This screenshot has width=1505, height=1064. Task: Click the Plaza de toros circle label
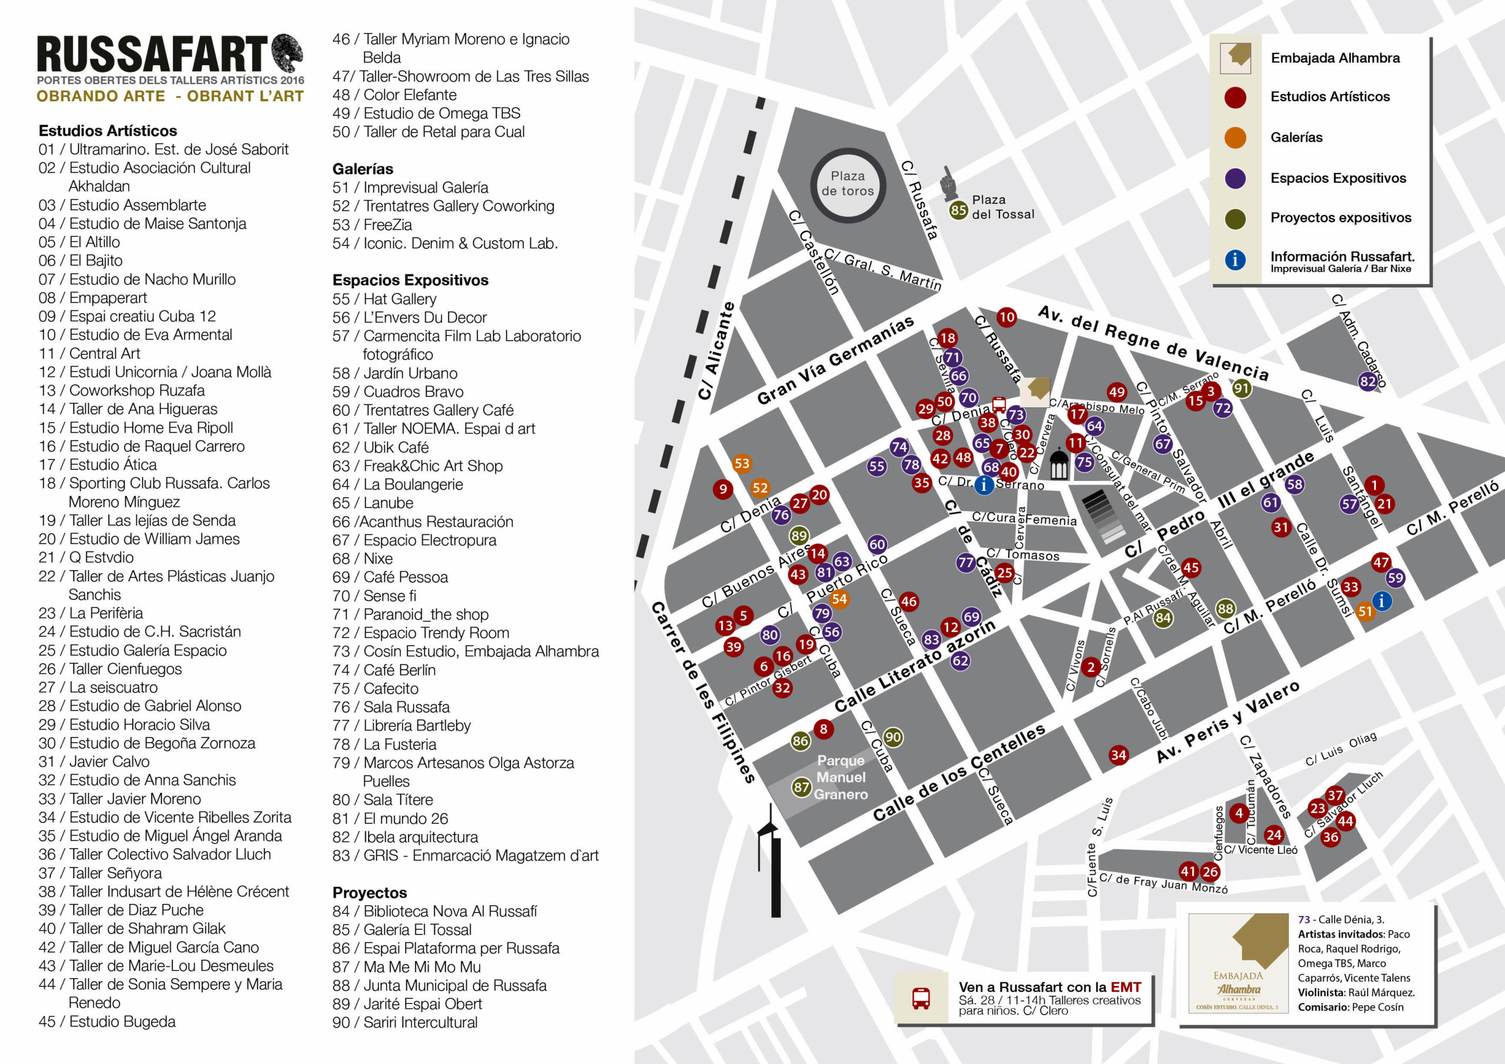tap(848, 184)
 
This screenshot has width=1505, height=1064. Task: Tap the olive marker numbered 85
tap(958, 210)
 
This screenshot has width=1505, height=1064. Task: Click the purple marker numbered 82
tap(1367, 382)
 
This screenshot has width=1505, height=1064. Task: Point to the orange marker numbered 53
tap(741, 463)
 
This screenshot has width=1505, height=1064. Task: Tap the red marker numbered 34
tap(1118, 755)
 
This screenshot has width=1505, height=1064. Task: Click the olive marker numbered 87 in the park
tap(801, 787)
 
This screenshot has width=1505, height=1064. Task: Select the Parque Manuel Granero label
tap(841, 778)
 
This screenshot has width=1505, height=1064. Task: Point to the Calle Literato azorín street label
tap(914, 666)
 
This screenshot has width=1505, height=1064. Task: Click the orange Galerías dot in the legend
tap(1235, 138)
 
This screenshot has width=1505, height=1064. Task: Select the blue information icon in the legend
tap(1235, 260)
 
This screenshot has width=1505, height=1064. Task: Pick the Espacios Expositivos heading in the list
tap(410, 280)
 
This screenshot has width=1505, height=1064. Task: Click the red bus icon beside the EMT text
tap(921, 998)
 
